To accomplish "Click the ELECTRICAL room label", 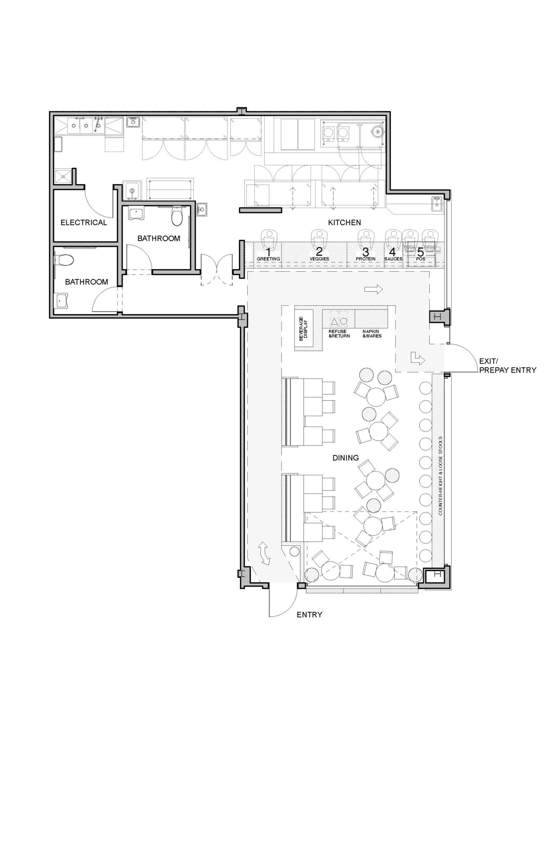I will coord(83,222).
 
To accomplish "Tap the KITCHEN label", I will coord(344,222).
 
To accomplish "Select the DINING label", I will coord(346,458).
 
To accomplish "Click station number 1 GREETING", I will coord(268,253).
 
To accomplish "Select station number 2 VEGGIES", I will coord(319,253).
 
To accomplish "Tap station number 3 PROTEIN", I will coord(365,253).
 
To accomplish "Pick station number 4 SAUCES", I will coord(393,253).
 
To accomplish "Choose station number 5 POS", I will coord(420,253).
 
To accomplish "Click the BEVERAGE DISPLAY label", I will coord(303,328).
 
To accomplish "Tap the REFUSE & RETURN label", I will coord(339,333).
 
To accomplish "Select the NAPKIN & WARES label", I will coord(372,333).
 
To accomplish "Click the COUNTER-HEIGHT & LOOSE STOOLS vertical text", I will coord(440,476).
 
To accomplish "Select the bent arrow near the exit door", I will coord(418,358).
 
